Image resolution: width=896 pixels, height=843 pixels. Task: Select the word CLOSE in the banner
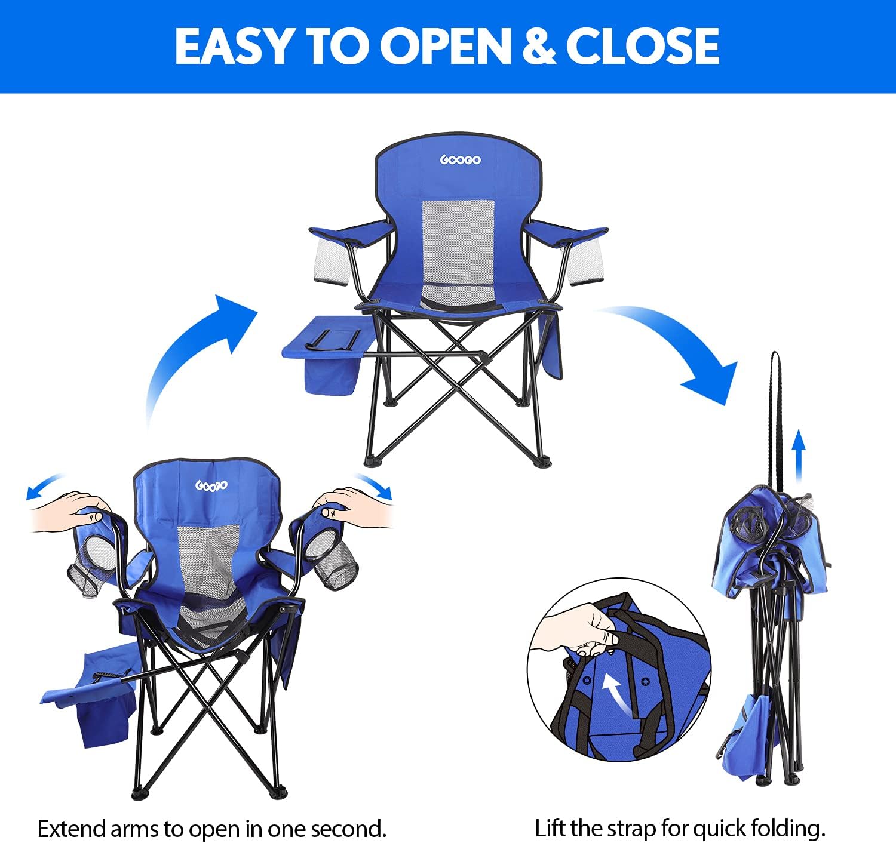(643, 47)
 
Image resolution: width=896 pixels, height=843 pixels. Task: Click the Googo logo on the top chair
(460, 159)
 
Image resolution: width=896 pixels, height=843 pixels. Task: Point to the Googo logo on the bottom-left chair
(211, 485)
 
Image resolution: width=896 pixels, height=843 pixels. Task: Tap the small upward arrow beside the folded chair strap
(799, 456)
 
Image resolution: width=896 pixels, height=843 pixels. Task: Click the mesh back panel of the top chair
(458, 252)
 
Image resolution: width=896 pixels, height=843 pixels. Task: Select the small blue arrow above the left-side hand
(45, 485)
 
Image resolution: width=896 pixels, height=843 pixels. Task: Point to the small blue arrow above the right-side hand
(373, 485)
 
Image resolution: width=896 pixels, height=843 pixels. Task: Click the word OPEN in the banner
(446, 47)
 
